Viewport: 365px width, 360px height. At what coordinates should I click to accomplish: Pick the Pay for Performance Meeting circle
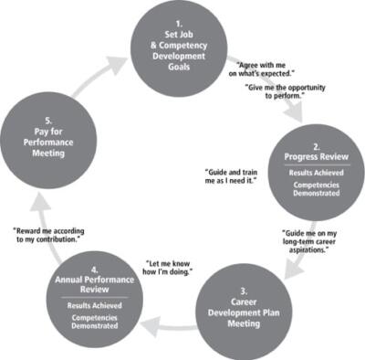44,138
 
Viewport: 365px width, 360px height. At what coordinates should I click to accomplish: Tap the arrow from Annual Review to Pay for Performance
27,219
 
